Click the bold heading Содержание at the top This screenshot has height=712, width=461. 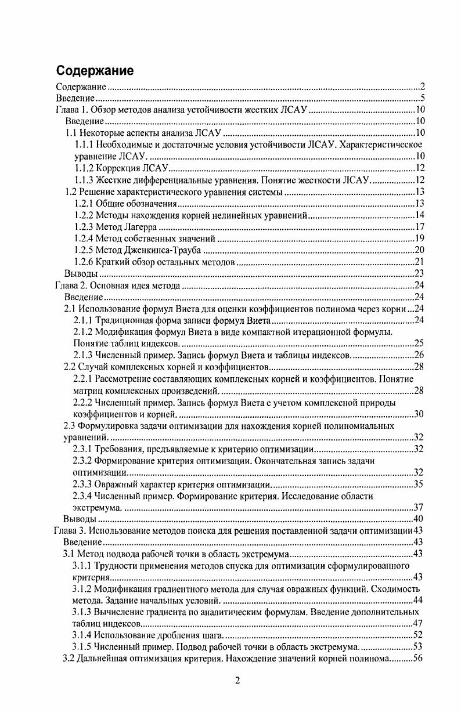95,71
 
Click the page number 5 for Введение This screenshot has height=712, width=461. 424,97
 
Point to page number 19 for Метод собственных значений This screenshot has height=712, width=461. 421,238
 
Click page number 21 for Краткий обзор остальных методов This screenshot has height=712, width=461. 421,261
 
